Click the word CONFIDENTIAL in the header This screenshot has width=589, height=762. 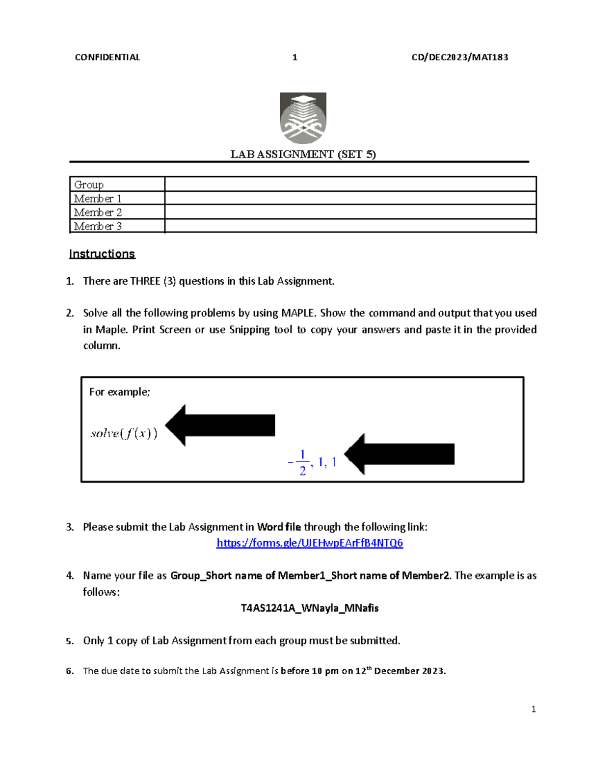[107, 57]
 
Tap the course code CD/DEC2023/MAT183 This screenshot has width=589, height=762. [459, 57]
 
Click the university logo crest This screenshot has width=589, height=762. [303, 118]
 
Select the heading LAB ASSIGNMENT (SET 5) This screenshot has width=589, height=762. [303, 155]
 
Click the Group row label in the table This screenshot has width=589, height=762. [89, 185]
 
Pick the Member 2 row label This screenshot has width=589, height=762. [98, 212]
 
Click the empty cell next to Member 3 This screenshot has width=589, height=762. [350, 226]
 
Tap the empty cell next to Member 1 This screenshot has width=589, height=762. [350, 198]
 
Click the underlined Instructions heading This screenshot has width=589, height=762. [102, 254]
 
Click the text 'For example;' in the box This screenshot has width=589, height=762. [119, 392]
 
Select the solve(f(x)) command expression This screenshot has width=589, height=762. [124, 433]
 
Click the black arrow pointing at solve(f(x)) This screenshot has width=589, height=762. [220, 425]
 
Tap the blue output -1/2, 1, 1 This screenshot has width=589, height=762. [312, 463]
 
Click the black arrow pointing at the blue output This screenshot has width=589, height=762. [400, 454]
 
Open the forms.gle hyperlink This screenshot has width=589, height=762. [310, 543]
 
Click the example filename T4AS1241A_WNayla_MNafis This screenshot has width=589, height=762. [310, 608]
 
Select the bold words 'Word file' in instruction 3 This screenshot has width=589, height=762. [279, 527]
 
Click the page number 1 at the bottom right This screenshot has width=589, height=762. [534, 709]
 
